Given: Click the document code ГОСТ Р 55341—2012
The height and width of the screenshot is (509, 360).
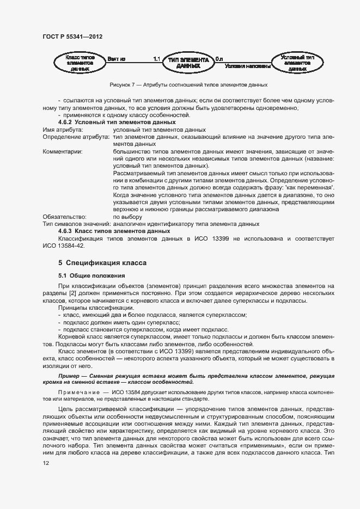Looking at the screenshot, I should pos(72,38).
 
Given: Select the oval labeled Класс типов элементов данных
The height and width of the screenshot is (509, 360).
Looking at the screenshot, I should pos(80,63).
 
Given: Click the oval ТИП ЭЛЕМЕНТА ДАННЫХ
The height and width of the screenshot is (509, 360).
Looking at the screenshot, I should pos(188,63).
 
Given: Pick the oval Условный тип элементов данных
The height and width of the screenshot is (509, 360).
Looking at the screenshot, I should pos(297,63).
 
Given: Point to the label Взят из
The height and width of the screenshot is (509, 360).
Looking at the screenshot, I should pos(117,58).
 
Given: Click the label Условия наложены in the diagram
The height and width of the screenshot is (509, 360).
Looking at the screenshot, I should pos(248,66).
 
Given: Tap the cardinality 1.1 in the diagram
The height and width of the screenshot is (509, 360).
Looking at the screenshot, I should pos(157,58).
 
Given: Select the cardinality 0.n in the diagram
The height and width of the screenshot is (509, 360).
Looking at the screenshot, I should pos(219,58).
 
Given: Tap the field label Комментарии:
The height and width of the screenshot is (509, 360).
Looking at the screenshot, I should pos(63,151).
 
